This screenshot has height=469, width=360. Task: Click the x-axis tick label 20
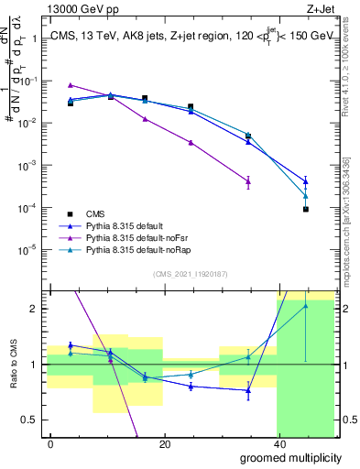(x=164, y=443)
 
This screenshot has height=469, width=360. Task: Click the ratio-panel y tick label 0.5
(x=32, y=420)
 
